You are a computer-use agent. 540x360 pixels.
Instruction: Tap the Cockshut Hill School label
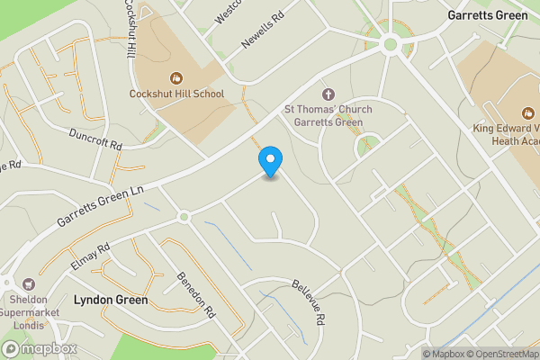point(176,94)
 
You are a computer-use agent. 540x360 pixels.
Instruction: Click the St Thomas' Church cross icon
point(328,94)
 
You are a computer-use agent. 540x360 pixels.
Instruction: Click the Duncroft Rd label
point(95,139)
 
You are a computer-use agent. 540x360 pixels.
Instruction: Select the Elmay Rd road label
point(89,255)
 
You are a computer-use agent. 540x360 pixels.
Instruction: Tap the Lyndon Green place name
point(110,299)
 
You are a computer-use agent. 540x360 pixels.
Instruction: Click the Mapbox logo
point(40,349)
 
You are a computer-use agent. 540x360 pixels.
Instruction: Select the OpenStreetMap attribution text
point(494,354)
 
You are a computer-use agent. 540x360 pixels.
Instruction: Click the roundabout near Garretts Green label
point(390,43)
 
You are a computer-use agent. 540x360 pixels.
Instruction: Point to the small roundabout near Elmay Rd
point(183,216)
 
